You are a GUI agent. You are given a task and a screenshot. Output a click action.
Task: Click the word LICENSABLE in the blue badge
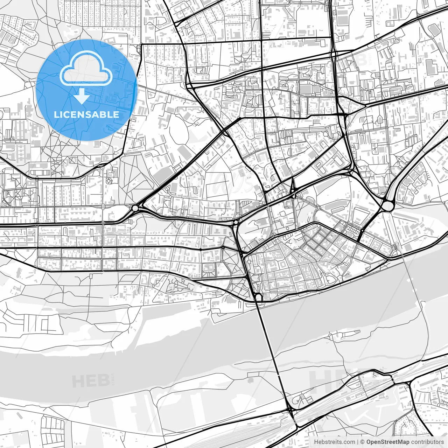point(86,114)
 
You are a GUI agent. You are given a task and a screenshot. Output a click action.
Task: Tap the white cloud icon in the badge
point(86,68)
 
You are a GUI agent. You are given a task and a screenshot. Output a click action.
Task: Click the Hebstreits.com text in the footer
point(334,442)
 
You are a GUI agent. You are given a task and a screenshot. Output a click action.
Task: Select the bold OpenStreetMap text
point(388,442)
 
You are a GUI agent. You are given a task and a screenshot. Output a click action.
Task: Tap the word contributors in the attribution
point(427,442)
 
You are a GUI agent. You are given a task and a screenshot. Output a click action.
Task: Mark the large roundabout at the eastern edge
point(388,205)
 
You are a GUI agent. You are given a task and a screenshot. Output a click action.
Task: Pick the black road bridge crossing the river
point(273,350)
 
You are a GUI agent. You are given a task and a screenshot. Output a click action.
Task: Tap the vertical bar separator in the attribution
point(358,442)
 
